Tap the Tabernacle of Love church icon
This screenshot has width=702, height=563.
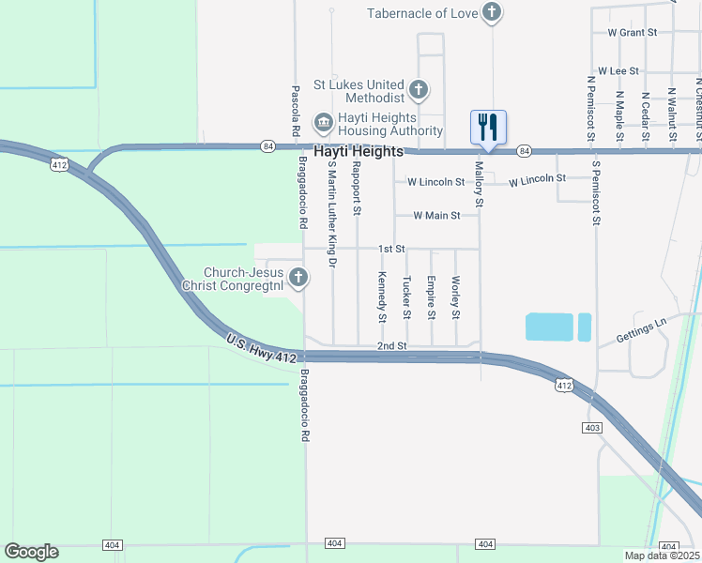(492, 12)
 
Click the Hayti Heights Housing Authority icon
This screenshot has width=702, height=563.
(324, 121)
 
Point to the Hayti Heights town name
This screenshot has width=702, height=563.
(359, 151)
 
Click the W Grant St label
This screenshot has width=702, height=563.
(632, 32)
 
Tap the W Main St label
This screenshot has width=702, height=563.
(436, 215)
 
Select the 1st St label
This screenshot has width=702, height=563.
(391, 249)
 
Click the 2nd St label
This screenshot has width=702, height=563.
(391, 345)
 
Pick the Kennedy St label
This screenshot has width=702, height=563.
(382, 297)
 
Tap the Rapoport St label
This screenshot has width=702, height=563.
(357, 189)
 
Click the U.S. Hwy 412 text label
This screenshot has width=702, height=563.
(262, 346)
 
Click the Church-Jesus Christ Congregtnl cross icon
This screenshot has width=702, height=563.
(298, 277)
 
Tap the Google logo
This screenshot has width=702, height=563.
(31, 552)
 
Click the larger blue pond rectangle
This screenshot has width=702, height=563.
(548, 327)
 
